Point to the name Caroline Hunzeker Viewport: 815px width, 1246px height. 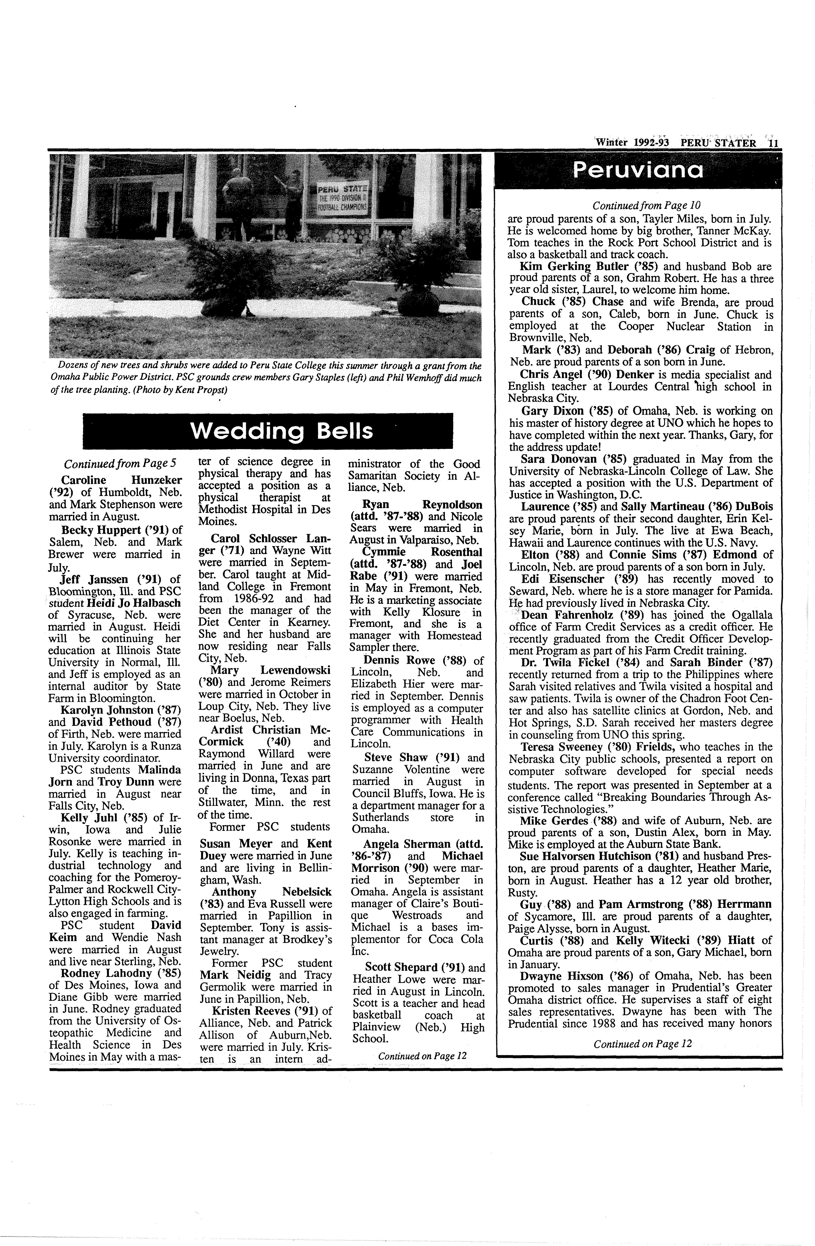point(122,480)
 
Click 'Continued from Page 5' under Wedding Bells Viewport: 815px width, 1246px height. point(120,464)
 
